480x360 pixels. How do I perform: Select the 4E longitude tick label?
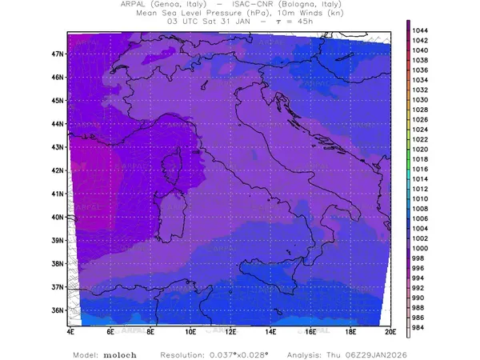coord(70,330)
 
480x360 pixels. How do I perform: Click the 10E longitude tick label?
coord(190,330)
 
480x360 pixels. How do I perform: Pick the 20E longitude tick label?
coord(390,330)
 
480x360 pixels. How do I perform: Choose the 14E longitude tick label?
coord(270,330)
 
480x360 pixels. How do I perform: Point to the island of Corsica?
coord(170,170)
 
